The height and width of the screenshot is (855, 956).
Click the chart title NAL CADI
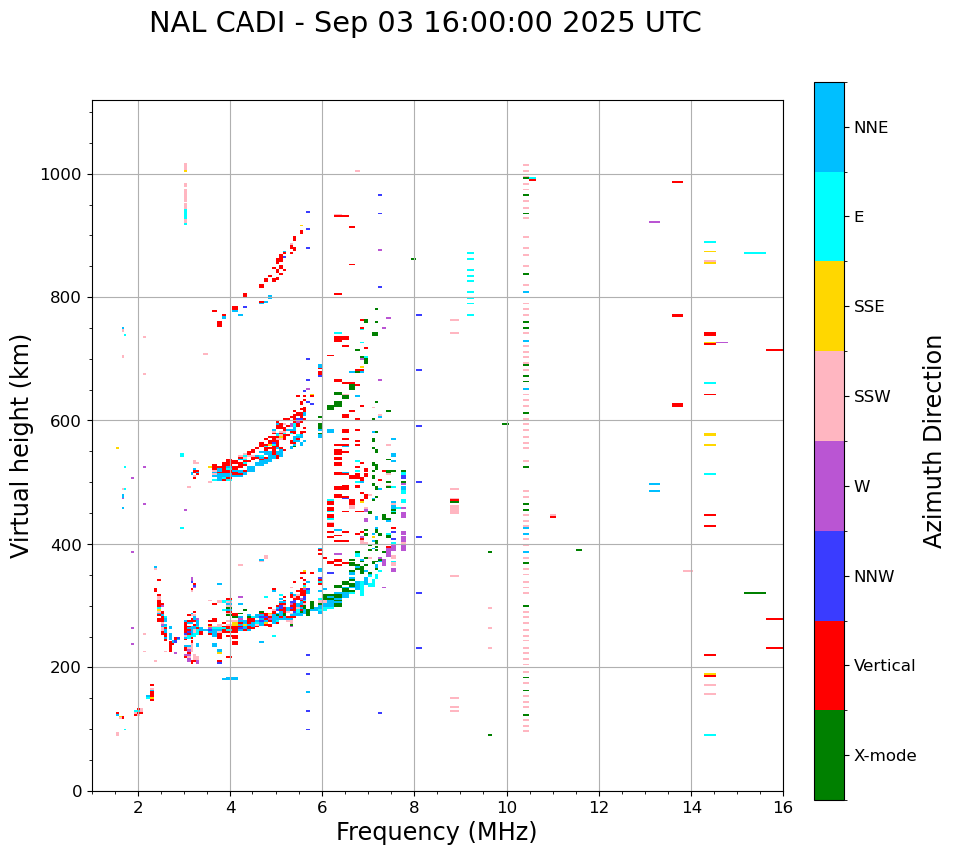click(424, 23)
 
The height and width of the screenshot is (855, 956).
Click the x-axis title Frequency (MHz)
click(436, 832)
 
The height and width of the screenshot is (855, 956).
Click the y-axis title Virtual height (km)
click(21, 445)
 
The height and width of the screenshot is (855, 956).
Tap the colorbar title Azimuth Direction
click(933, 441)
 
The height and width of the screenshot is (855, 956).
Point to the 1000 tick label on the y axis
click(62, 174)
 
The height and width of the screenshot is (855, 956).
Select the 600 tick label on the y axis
click(67, 420)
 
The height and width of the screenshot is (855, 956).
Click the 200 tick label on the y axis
click(67, 667)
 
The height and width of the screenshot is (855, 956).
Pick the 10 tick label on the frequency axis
click(507, 807)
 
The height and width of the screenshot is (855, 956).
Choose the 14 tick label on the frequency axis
click(692, 807)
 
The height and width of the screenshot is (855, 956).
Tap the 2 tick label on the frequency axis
click(138, 807)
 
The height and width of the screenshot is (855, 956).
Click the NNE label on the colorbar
click(871, 128)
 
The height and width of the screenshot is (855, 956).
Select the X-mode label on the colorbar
click(885, 756)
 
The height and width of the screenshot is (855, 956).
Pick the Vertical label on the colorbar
click(885, 666)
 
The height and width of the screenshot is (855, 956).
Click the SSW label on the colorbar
click(872, 397)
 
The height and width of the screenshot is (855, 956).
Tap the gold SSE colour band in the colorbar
click(829, 306)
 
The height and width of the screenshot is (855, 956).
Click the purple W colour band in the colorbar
click(829, 486)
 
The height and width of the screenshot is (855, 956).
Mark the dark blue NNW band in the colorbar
click(829, 576)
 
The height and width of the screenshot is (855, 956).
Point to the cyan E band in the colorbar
click(829, 216)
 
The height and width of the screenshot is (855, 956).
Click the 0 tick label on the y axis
click(77, 791)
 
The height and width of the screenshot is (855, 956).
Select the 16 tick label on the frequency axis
click(783, 807)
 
